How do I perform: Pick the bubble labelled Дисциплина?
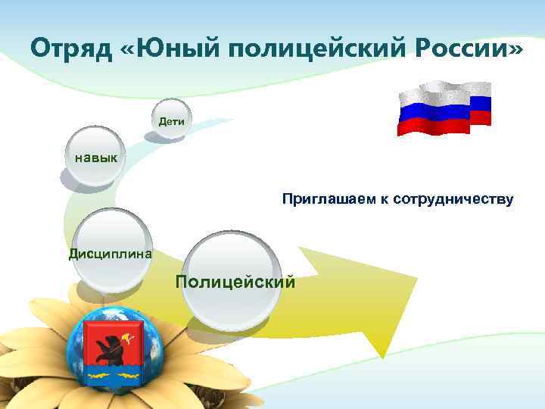point(111,251)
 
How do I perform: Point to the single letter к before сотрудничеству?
point(387,200)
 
